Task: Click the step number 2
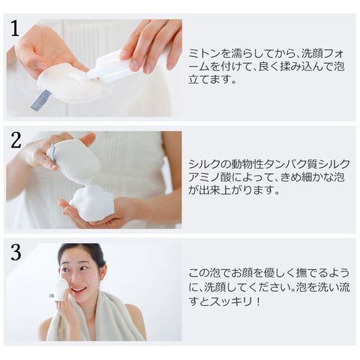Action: click(16, 140)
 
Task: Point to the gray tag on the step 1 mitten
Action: click(41, 100)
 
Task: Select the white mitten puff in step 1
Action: click(69, 82)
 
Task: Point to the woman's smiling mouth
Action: click(77, 289)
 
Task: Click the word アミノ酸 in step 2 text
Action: click(209, 177)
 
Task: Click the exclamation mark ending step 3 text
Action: click(258, 301)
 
